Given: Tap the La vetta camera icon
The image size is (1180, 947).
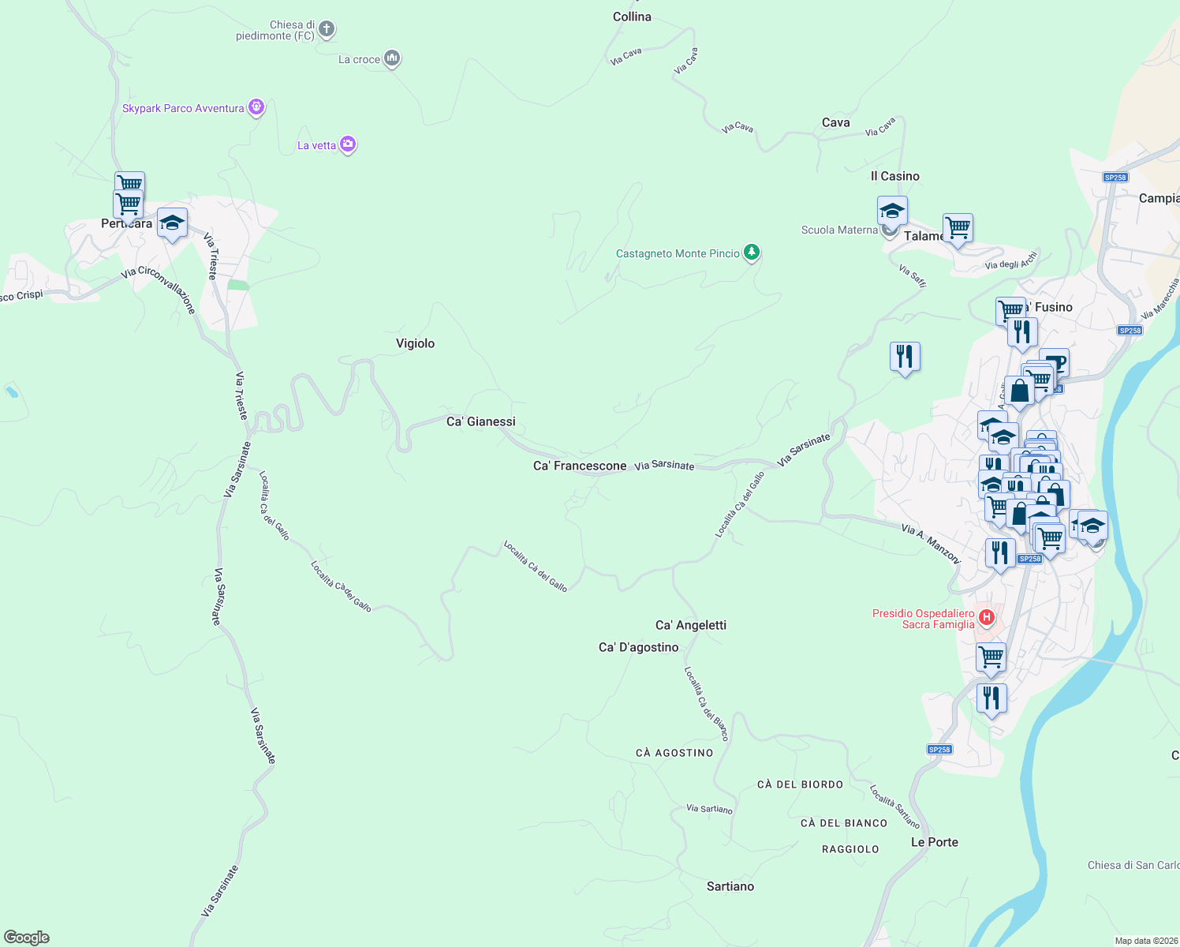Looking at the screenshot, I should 348,144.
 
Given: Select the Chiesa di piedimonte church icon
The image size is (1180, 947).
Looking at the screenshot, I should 327,30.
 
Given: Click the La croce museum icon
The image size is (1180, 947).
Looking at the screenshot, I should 392,58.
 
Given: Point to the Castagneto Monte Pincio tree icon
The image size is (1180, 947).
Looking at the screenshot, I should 752,253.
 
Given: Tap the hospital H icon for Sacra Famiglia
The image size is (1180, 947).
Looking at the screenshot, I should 985,616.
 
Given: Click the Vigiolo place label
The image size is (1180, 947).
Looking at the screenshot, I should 415,343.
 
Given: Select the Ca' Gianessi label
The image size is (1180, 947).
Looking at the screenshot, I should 481,421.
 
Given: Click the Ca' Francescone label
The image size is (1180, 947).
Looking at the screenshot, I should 580,466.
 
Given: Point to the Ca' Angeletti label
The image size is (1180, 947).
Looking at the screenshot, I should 691,625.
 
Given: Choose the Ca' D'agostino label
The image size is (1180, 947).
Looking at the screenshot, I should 639,647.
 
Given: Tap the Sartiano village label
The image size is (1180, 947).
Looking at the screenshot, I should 730,886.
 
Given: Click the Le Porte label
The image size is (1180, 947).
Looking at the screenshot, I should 935,842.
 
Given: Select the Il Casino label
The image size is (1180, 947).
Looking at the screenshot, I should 895,176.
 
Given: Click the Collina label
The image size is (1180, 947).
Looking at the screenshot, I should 633,17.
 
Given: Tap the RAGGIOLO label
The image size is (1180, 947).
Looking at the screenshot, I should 850,849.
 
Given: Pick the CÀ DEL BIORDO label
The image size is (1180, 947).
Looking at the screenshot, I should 801,784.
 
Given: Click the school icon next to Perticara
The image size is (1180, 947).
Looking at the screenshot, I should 172,223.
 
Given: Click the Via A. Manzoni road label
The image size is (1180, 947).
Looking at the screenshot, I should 932,544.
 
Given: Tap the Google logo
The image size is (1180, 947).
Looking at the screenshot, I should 27,938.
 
